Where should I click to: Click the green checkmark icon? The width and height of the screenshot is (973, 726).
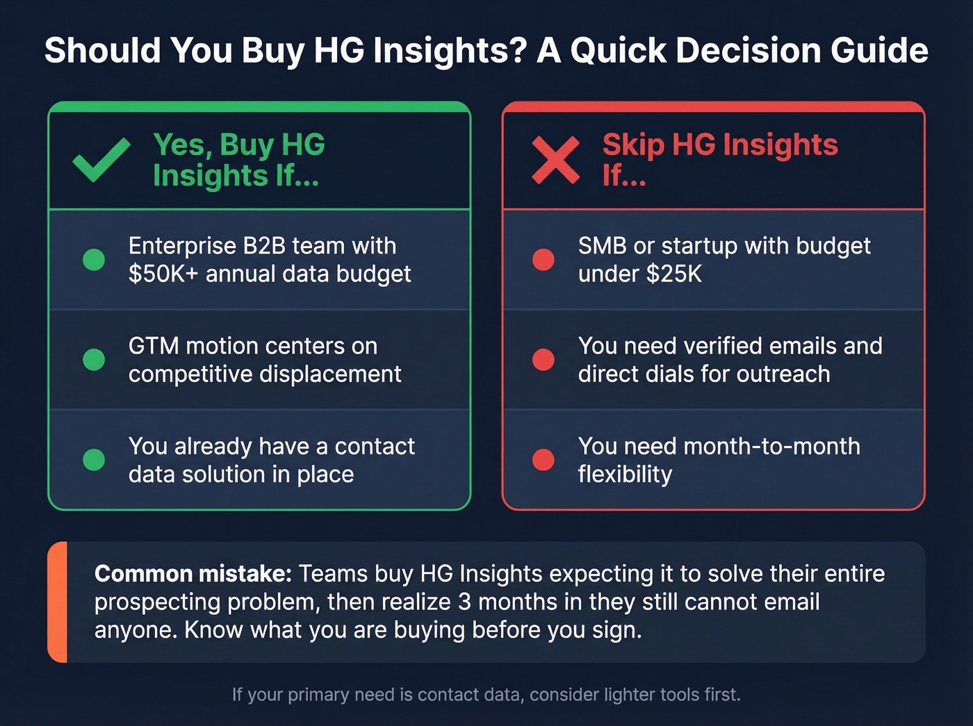click(x=101, y=160)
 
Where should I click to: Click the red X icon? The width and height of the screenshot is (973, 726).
click(x=555, y=160)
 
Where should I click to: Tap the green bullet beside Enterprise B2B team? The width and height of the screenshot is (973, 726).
click(x=94, y=259)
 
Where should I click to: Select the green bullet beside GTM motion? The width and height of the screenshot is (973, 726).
click(x=94, y=359)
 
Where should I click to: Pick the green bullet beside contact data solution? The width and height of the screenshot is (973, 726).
click(x=94, y=459)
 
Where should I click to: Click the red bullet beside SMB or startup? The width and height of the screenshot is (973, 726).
click(x=543, y=259)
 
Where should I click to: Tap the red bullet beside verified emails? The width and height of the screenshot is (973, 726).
click(x=543, y=359)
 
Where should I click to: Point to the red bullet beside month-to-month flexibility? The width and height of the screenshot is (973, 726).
click(x=543, y=459)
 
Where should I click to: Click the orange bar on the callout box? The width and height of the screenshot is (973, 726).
click(x=58, y=602)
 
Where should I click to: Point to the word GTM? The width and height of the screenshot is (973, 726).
click(x=154, y=346)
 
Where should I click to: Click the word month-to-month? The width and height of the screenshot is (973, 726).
click(x=771, y=446)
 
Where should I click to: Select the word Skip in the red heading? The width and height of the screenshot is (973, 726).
click(x=633, y=145)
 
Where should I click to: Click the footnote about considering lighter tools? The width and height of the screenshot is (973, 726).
click(x=486, y=695)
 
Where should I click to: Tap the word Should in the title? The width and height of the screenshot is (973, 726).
click(x=103, y=51)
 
